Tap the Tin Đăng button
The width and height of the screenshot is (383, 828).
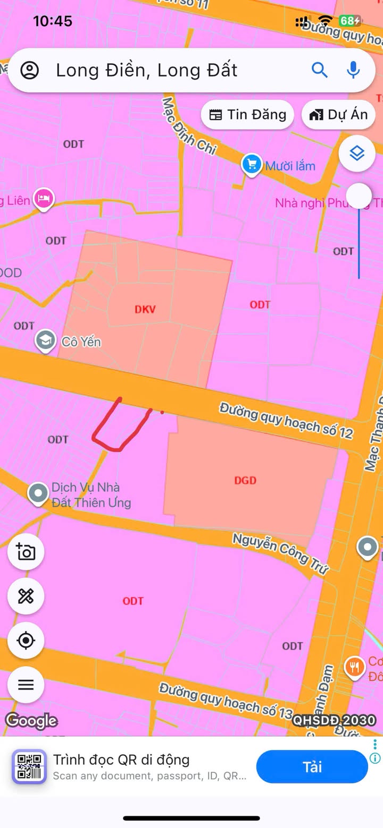[247, 115]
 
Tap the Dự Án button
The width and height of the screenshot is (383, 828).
[338, 115]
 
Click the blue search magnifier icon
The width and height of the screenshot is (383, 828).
[319, 70]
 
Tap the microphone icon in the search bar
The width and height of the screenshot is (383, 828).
[353, 70]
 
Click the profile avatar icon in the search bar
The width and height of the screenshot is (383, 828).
[30, 70]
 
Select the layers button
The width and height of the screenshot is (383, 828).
[357, 154]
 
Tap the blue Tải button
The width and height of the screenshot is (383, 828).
[312, 767]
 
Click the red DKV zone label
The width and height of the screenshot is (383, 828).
[145, 309]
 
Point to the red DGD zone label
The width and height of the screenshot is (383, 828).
[245, 480]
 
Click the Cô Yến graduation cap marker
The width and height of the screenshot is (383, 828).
[46, 341]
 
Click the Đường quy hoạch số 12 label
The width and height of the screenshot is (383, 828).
[286, 420]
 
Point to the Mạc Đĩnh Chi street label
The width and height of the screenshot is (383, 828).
[189, 126]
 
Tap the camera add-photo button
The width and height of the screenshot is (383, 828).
[26, 552]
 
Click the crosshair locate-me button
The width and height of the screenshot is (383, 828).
[26, 641]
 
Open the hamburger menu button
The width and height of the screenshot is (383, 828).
[26, 685]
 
